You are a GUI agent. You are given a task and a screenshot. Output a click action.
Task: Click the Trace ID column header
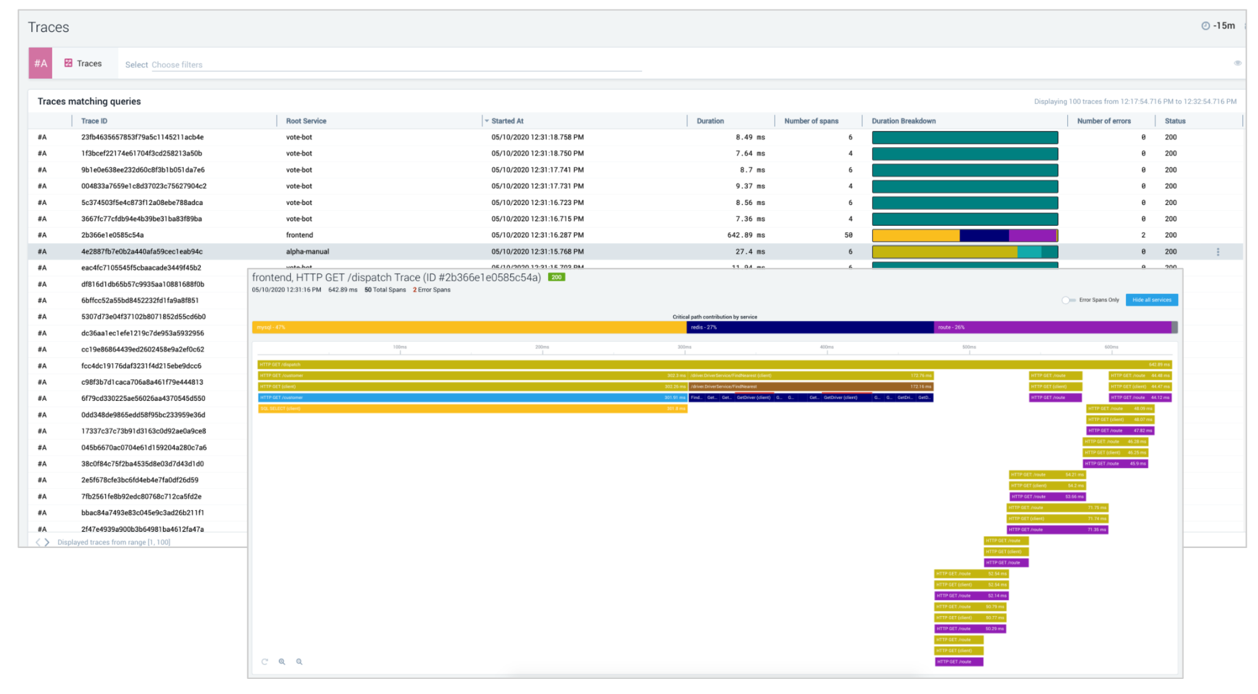(94, 121)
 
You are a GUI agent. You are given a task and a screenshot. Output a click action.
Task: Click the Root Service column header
(306, 121)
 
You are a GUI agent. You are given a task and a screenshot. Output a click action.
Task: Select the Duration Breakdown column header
(904, 121)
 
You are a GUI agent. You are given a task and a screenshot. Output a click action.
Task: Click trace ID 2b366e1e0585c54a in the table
(113, 235)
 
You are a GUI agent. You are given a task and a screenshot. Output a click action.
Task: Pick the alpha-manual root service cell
(308, 252)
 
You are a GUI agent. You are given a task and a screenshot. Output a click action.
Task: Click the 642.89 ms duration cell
(746, 235)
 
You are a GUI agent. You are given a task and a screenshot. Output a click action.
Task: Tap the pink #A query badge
(40, 64)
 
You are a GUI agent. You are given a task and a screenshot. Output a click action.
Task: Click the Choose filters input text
(177, 65)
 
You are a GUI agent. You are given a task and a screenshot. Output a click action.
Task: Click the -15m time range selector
(1219, 26)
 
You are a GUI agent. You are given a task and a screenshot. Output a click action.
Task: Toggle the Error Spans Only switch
(1068, 300)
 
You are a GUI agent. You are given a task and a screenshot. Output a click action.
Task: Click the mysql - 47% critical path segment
(469, 327)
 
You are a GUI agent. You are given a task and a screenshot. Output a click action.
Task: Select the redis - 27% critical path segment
(810, 327)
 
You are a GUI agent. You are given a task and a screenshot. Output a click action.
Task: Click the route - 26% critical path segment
(1052, 327)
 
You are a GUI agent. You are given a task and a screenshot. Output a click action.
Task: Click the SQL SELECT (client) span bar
(472, 409)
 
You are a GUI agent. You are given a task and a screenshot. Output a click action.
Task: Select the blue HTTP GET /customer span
(472, 398)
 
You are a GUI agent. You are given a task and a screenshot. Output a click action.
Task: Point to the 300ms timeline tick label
(684, 347)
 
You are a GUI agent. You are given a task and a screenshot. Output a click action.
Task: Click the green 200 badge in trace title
(556, 277)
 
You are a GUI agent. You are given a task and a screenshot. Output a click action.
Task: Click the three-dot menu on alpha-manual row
(1218, 252)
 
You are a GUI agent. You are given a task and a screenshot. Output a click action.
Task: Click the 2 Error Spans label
(432, 290)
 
